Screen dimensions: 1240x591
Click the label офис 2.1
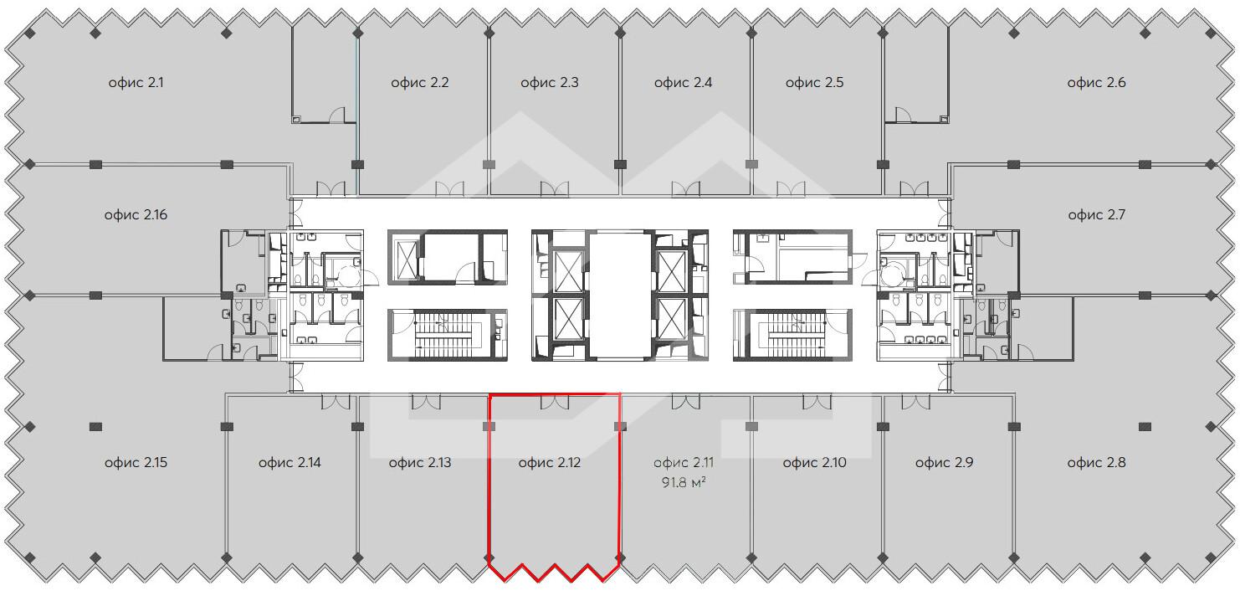point(136,83)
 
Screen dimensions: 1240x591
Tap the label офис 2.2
point(419,83)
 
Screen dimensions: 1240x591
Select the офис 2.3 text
point(549,83)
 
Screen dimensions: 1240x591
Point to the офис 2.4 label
point(683,83)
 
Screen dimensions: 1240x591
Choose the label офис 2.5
point(814,83)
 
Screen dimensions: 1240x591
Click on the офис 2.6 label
point(1096,83)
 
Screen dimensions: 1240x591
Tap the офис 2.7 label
point(1096,215)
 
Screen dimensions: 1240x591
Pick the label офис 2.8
point(1096,462)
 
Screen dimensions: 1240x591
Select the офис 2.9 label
point(944,462)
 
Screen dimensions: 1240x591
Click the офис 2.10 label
point(814,462)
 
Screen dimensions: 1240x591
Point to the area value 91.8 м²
point(684,482)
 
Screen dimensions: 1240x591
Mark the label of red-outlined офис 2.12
point(549,462)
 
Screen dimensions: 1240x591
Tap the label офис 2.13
point(419,462)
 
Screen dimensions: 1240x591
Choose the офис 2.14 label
point(290,462)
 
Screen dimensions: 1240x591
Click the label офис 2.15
point(136,462)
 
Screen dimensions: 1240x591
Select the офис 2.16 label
point(136,215)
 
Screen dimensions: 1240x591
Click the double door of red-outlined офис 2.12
point(555,402)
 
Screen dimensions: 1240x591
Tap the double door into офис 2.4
point(686,189)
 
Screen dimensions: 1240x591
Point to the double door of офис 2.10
point(817,402)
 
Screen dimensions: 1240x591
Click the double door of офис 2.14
point(336,402)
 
